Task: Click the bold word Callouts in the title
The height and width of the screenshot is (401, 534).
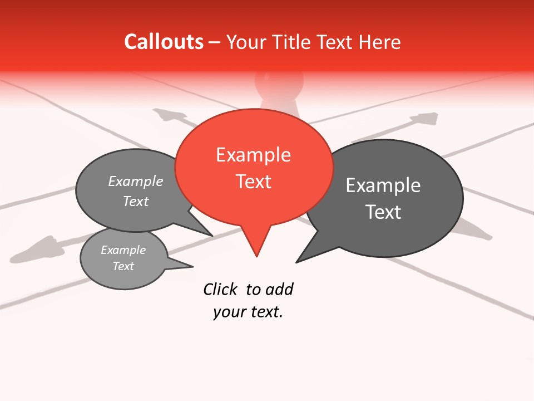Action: (164, 42)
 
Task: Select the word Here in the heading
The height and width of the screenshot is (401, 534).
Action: (379, 42)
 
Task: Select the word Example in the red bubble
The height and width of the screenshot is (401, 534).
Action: (253, 155)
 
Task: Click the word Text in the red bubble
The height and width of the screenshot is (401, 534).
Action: (254, 182)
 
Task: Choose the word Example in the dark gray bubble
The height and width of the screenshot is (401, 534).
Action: (383, 185)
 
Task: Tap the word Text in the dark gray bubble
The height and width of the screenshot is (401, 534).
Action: (383, 212)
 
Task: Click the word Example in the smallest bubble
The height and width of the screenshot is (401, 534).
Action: (123, 250)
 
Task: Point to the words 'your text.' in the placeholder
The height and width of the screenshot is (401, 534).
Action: (248, 312)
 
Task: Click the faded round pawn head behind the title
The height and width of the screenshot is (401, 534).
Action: (279, 82)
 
